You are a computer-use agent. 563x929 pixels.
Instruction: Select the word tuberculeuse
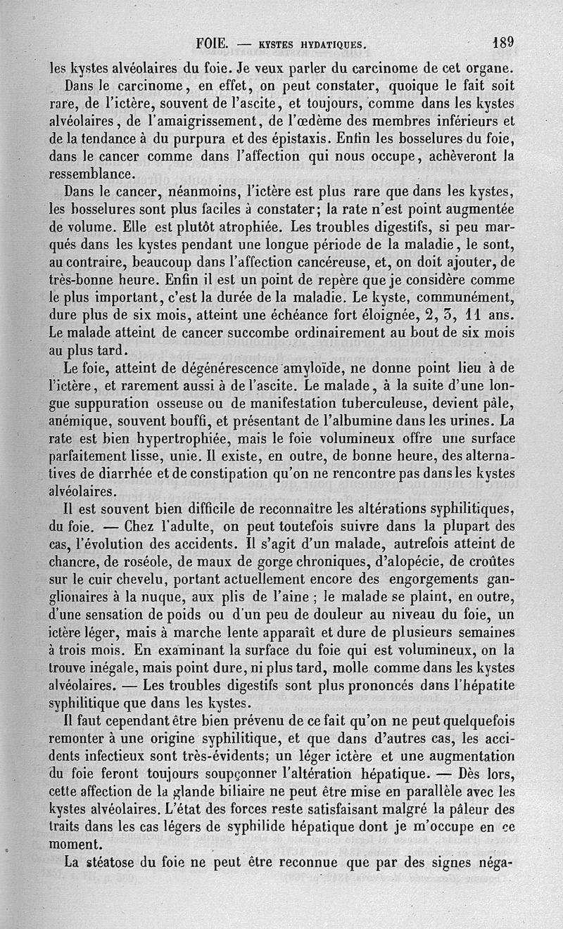pos(339,404)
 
